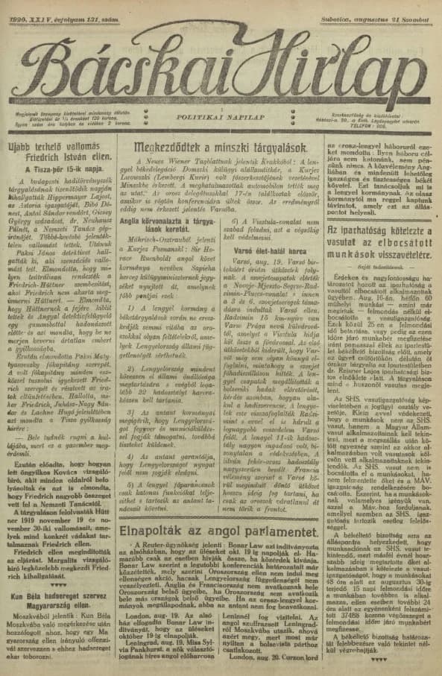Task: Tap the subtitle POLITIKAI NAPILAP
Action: tap(221, 117)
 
